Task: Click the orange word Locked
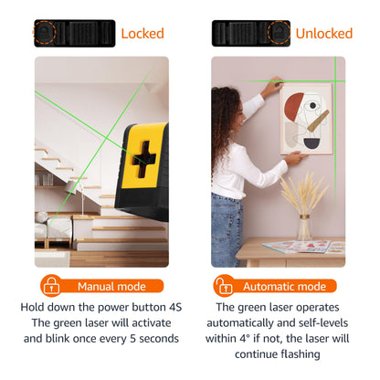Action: click(x=142, y=34)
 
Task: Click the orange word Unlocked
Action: click(x=324, y=34)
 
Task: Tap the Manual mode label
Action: click(x=111, y=287)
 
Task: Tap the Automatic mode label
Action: click(x=284, y=287)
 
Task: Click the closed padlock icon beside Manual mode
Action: click(x=51, y=286)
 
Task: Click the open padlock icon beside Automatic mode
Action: click(x=224, y=286)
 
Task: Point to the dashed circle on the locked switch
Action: click(x=44, y=33)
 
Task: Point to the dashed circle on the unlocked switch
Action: click(x=279, y=33)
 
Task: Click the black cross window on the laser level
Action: click(x=143, y=159)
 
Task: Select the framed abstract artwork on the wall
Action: click(x=306, y=119)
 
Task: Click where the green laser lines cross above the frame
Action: click(x=335, y=81)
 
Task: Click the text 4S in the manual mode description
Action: click(x=175, y=307)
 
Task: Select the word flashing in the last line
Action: click(x=301, y=354)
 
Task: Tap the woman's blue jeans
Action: click(x=226, y=230)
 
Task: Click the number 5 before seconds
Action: click(x=133, y=339)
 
